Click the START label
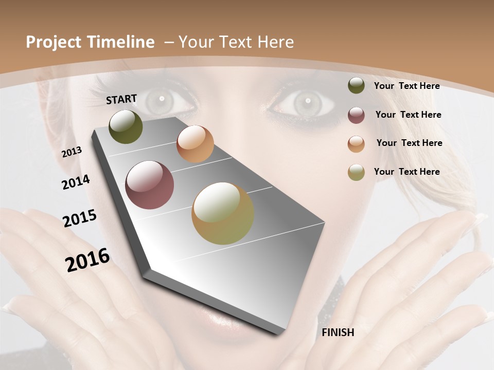pos(121,99)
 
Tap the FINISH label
pos(338,332)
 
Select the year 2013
pos(72,152)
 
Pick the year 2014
pos(76,182)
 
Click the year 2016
pos(87,260)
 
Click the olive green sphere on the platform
pos(126,127)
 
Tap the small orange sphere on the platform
pos(195,144)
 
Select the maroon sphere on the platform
pos(150,185)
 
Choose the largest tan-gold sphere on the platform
pos(223,213)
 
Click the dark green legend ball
pos(356,86)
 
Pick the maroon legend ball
pos(356,115)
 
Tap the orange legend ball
pos(356,144)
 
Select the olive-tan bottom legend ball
pos(356,172)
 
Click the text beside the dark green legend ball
pos(407,86)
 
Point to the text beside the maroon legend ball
pos(408,115)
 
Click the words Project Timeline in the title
pos(90,42)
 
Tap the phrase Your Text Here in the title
pos(236,42)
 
